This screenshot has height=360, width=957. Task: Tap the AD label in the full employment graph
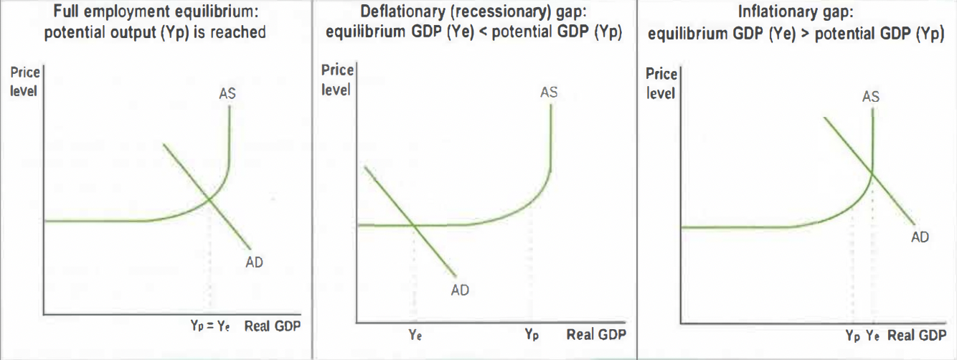click(254, 262)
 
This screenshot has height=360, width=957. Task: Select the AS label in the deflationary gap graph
click(549, 92)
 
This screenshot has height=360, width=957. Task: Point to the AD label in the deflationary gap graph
click(460, 290)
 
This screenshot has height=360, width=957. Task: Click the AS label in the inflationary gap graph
click(870, 96)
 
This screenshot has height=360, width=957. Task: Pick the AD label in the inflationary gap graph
click(920, 237)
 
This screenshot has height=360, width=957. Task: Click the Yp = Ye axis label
click(209, 326)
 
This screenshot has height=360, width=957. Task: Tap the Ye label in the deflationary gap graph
click(415, 334)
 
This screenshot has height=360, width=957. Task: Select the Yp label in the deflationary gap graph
click(531, 334)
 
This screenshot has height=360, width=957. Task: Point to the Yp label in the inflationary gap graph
click(852, 335)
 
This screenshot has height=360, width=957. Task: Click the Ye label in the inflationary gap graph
click(873, 335)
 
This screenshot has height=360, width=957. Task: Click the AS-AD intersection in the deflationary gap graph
click(415, 225)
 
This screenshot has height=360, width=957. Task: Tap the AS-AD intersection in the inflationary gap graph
click(872, 172)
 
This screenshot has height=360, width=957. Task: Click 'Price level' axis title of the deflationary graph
click(336, 80)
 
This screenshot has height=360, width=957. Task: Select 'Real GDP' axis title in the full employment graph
click(272, 326)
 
